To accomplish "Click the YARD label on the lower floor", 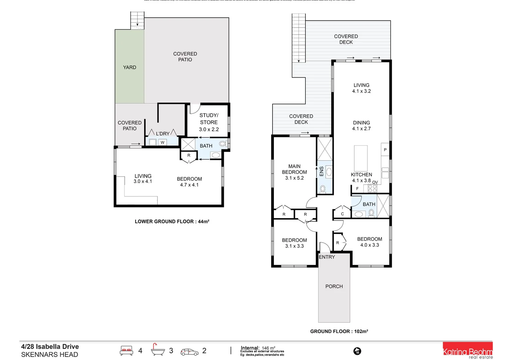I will point(130,67).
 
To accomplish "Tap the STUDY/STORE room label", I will point(209,122).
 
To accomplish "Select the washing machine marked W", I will point(162,142).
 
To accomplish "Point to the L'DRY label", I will point(163,134).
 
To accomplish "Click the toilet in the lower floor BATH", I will point(223,144).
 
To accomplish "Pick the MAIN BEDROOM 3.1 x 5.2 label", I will point(294,172).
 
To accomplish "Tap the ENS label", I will point(321,171).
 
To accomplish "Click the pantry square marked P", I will point(385,150).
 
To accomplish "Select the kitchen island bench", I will point(361,158).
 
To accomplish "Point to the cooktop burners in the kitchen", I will point(372,188).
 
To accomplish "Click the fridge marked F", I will point(357,189).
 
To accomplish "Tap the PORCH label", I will point(334,286).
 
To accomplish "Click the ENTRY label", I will point(327,257).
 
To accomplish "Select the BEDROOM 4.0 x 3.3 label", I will point(369,242).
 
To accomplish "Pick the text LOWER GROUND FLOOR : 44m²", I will point(172,221).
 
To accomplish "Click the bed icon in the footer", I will point(127,351).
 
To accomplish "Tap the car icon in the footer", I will point(189,352).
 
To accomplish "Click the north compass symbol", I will point(357,351).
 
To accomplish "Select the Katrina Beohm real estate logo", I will point(467,351).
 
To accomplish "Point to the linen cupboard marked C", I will point(342,214).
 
